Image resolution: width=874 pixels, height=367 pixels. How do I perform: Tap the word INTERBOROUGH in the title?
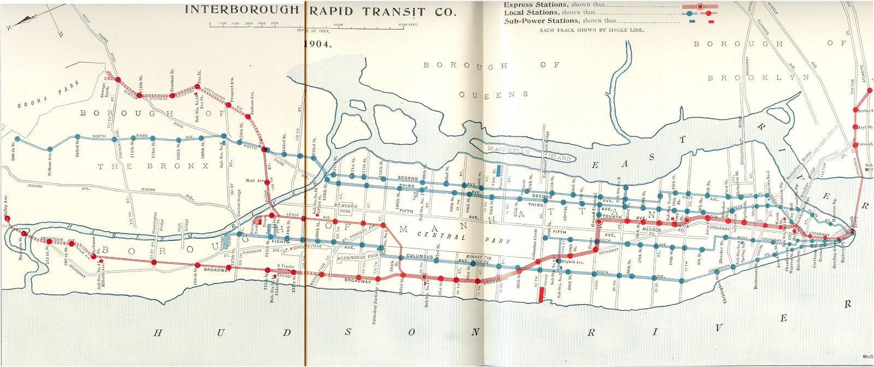click(x=241, y=10)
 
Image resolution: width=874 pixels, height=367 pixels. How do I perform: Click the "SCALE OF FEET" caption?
click(x=314, y=31)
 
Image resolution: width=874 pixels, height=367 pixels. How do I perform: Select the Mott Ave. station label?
click(x=255, y=180)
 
